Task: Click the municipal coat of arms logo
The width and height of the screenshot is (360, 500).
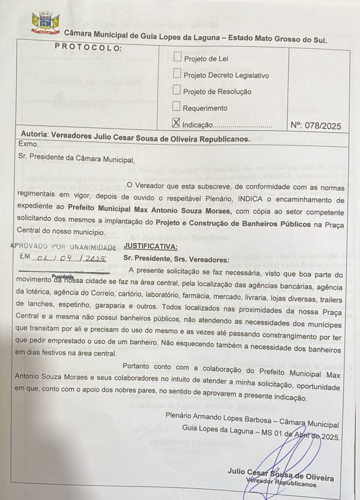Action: tap(45, 22)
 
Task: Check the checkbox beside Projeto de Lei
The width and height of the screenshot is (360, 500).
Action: tap(178, 57)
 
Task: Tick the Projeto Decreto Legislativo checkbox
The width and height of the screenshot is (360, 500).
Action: tap(177, 73)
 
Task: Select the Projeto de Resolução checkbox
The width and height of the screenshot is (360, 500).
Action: tap(177, 89)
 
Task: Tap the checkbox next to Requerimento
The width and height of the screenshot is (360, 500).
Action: tap(177, 105)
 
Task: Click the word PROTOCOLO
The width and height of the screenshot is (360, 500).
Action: tap(88, 47)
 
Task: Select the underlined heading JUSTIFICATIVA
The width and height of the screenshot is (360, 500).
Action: tap(151, 247)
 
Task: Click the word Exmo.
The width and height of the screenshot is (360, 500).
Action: tap(28, 145)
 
